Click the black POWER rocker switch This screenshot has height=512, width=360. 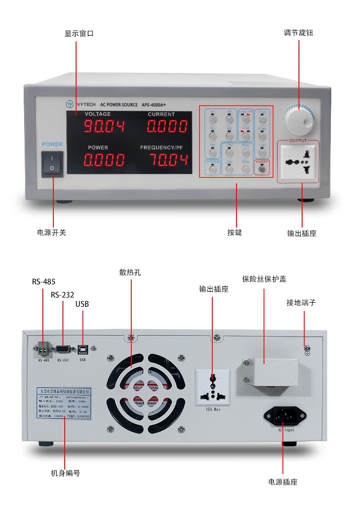52,164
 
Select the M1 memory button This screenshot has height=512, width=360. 212,119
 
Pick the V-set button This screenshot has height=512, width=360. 262,119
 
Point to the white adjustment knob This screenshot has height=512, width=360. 299,119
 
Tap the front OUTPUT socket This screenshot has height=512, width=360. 298,162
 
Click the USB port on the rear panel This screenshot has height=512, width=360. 83,350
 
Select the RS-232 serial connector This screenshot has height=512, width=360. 62,350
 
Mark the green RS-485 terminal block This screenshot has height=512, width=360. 43,349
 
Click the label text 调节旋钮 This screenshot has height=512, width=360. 298,33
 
